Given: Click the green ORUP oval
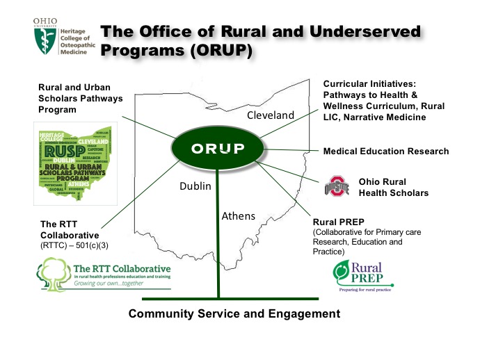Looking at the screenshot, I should pyautogui.click(x=218, y=149).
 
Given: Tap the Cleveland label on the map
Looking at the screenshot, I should pyautogui.click(x=271, y=115).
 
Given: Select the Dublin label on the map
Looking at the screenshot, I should pyautogui.click(x=195, y=187).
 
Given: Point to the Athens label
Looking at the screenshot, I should pyautogui.click(x=239, y=216).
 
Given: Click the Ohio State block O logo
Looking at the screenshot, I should pyautogui.click(x=338, y=187).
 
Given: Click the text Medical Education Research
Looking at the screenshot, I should pyautogui.click(x=386, y=152).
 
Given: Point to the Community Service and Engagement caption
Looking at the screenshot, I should pyautogui.click(x=234, y=314).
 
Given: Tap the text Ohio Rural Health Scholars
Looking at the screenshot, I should pyautogui.click(x=393, y=188).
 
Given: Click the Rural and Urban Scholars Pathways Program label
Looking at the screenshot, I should pyautogui.click(x=80, y=98).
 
